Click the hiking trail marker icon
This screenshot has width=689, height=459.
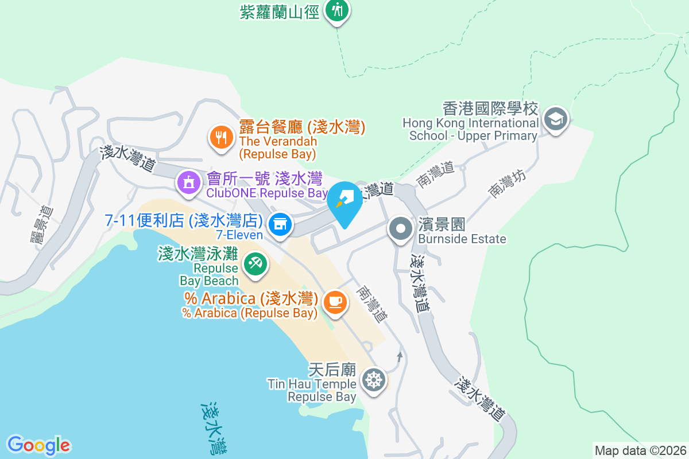coord(337,10)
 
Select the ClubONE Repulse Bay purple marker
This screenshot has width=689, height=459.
coord(188,183)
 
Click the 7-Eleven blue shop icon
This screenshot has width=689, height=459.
coord(280,223)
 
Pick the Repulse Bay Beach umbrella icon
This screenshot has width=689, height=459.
coord(254,264)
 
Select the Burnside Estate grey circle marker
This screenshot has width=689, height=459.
coord(400,228)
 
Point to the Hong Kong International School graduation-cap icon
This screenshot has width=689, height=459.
coord(555,120)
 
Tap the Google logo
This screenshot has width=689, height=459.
coord(38,445)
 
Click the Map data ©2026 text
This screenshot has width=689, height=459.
coord(640,450)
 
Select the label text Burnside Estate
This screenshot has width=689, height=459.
coord(462,239)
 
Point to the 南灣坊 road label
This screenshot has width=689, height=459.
coord(507,184)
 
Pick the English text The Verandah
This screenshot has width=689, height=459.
coord(278,141)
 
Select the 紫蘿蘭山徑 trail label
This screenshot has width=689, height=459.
coord(279,11)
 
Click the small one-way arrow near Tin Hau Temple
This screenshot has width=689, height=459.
coord(400,357)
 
